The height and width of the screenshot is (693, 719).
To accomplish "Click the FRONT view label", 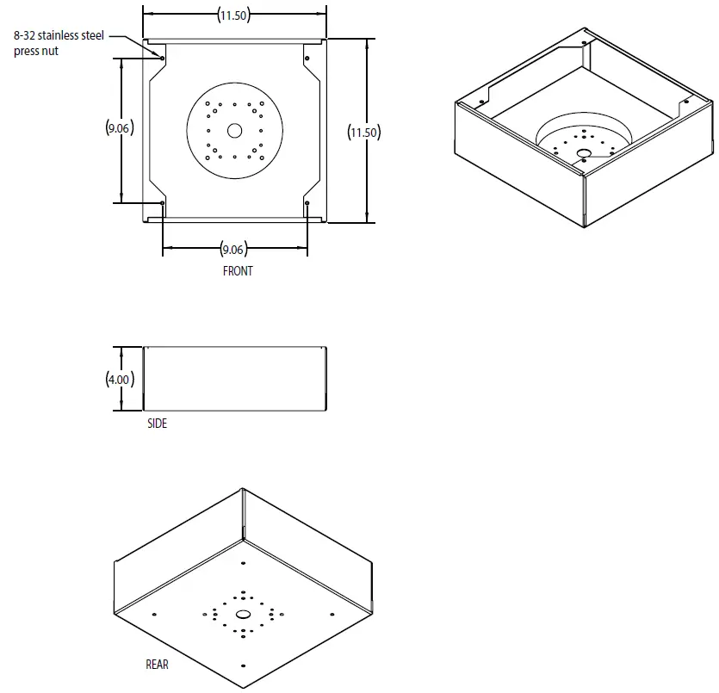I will pos(238,270).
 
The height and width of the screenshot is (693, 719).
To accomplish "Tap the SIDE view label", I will pos(157,424).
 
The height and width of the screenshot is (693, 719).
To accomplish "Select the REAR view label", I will pos(157,665).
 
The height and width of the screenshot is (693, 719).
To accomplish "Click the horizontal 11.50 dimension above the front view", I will pos(234,15).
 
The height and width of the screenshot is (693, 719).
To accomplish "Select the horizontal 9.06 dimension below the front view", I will pos(233,250).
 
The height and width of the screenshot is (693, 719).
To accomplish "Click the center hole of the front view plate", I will pos(234,131).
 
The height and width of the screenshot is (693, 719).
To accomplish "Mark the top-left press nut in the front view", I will pos(163,58).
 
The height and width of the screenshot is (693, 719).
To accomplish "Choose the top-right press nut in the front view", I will pos(307,58).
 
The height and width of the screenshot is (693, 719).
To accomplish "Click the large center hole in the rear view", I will pos(242,615).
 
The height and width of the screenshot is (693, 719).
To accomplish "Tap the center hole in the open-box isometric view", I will pos(583,154).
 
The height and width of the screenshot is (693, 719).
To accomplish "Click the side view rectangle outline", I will pos(234,379).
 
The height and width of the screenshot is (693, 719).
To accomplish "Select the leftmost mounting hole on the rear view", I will pos(154,614).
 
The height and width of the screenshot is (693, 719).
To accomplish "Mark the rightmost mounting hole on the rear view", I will pos(332,614).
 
